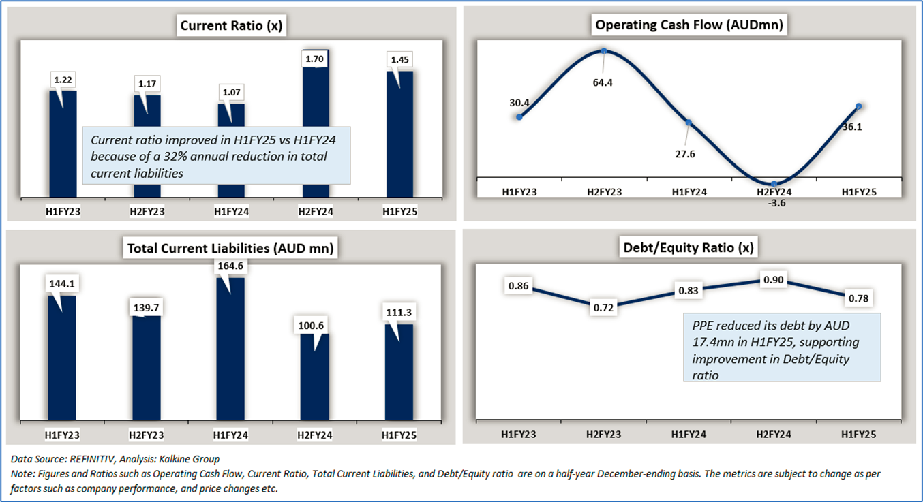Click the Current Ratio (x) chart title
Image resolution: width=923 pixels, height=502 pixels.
(x=231, y=26)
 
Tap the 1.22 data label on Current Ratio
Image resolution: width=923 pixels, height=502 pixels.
(x=63, y=80)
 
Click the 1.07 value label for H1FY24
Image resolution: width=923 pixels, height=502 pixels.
(x=231, y=92)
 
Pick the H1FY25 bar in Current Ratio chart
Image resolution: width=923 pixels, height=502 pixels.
(x=399, y=136)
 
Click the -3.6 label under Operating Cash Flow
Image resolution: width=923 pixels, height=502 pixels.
(x=774, y=202)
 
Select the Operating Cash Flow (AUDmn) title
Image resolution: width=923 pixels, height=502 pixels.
(x=689, y=25)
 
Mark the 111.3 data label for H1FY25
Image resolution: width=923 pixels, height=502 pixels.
(x=399, y=312)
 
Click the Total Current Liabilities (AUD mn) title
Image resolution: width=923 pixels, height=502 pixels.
(x=230, y=249)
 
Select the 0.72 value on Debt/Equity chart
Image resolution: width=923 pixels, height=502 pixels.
(x=604, y=308)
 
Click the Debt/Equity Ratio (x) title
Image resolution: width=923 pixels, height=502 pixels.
(x=689, y=248)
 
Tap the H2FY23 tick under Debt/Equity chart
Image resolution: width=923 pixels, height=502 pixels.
(x=604, y=434)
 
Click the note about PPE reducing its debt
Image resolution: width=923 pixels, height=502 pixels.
(x=783, y=347)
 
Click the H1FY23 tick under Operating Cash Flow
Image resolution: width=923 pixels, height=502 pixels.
(x=519, y=192)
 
